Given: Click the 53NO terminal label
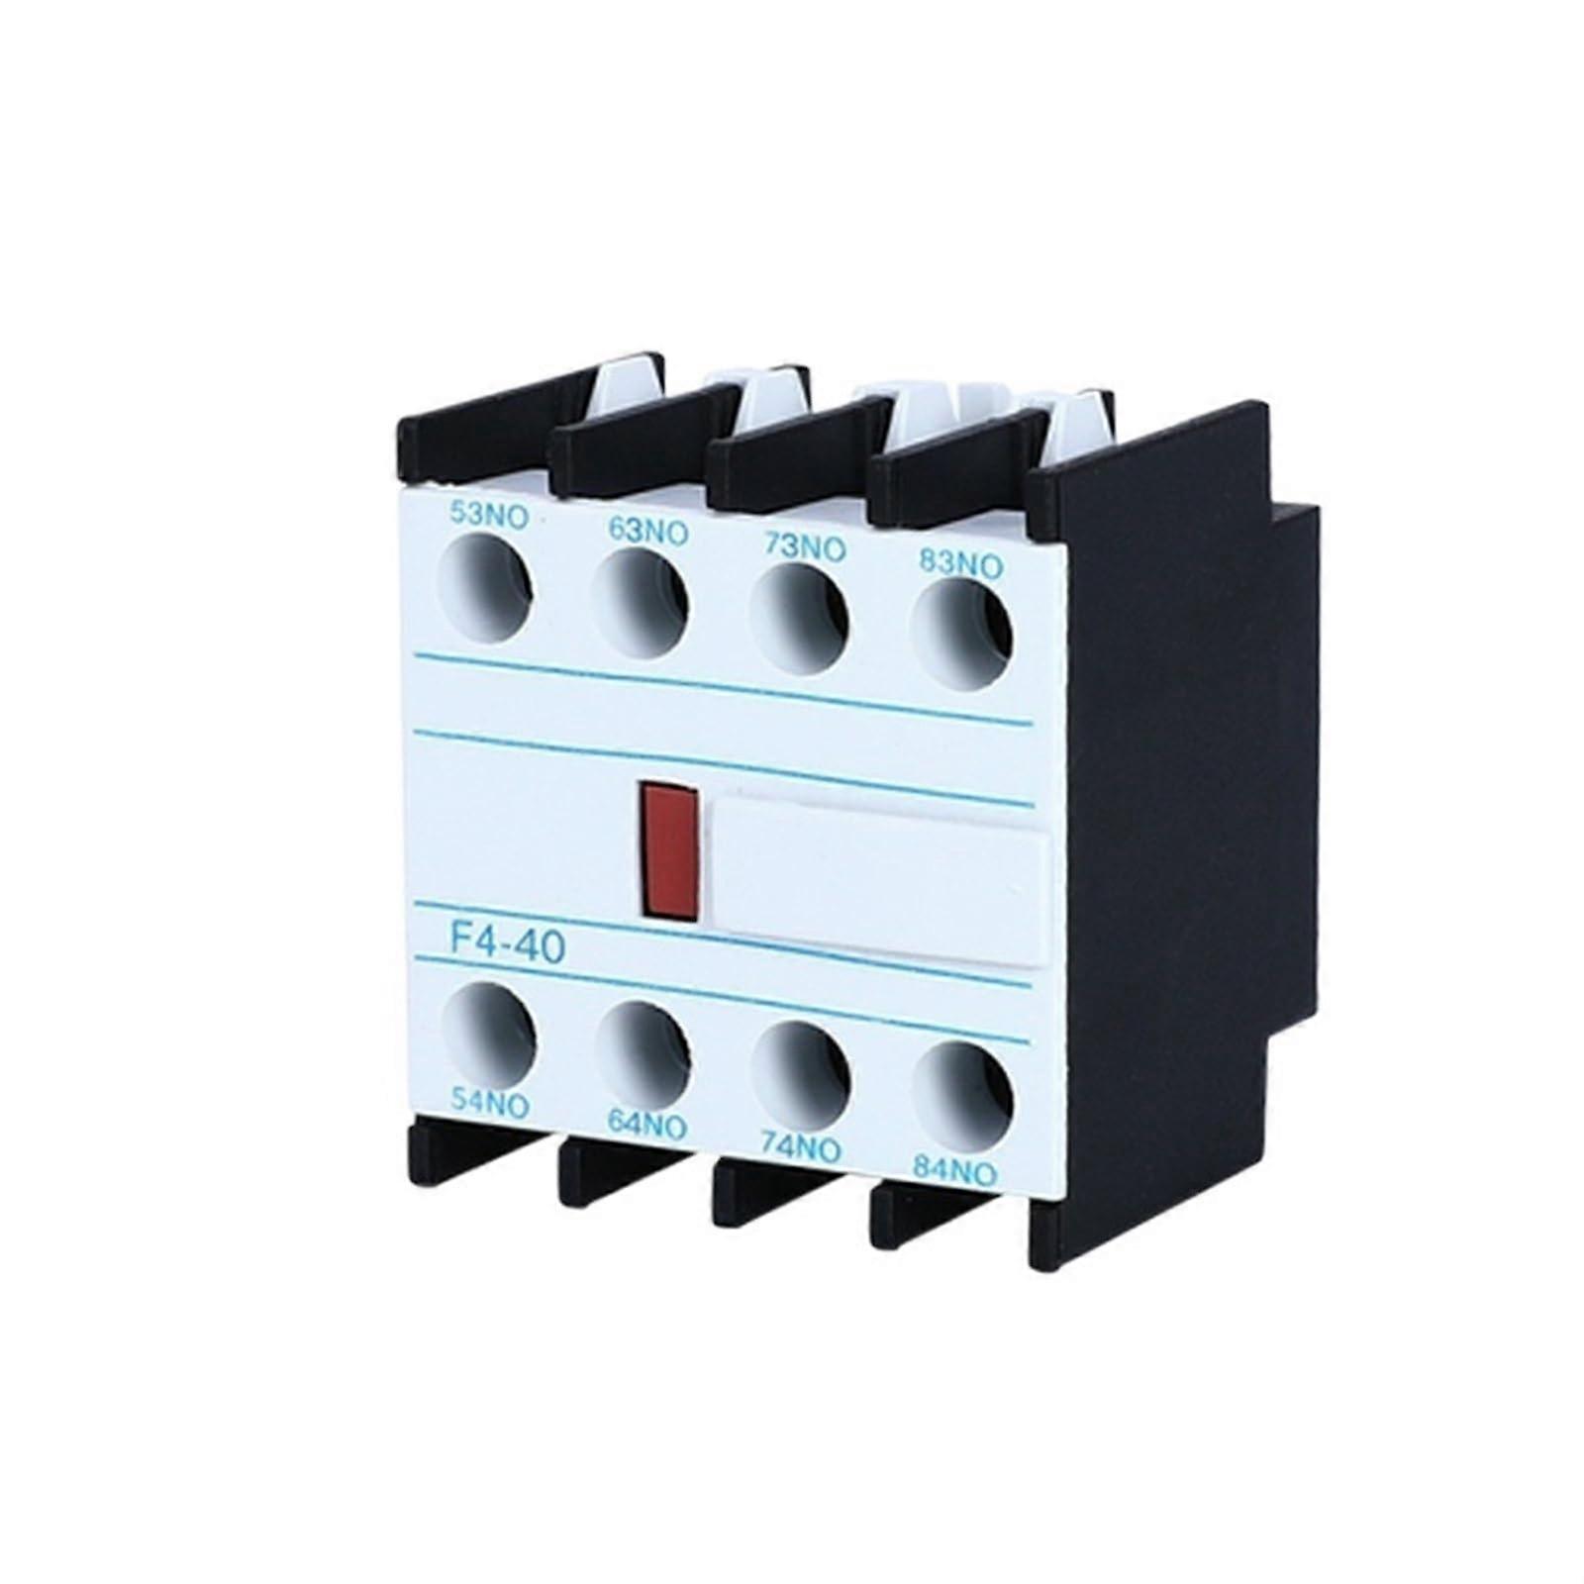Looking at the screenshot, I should pyautogui.click(x=489, y=517).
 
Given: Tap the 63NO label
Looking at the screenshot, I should pyautogui.click(x=647, y=533).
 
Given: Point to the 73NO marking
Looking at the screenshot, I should pyautogui.click(x=804, y=547).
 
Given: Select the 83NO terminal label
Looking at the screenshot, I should pyautogui.click(x=961, y=564).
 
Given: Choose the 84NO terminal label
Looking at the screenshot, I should pyautogui.click(x=954, y=1173).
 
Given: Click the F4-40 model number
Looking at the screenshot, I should pyautogui.click(x=508, y=941).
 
